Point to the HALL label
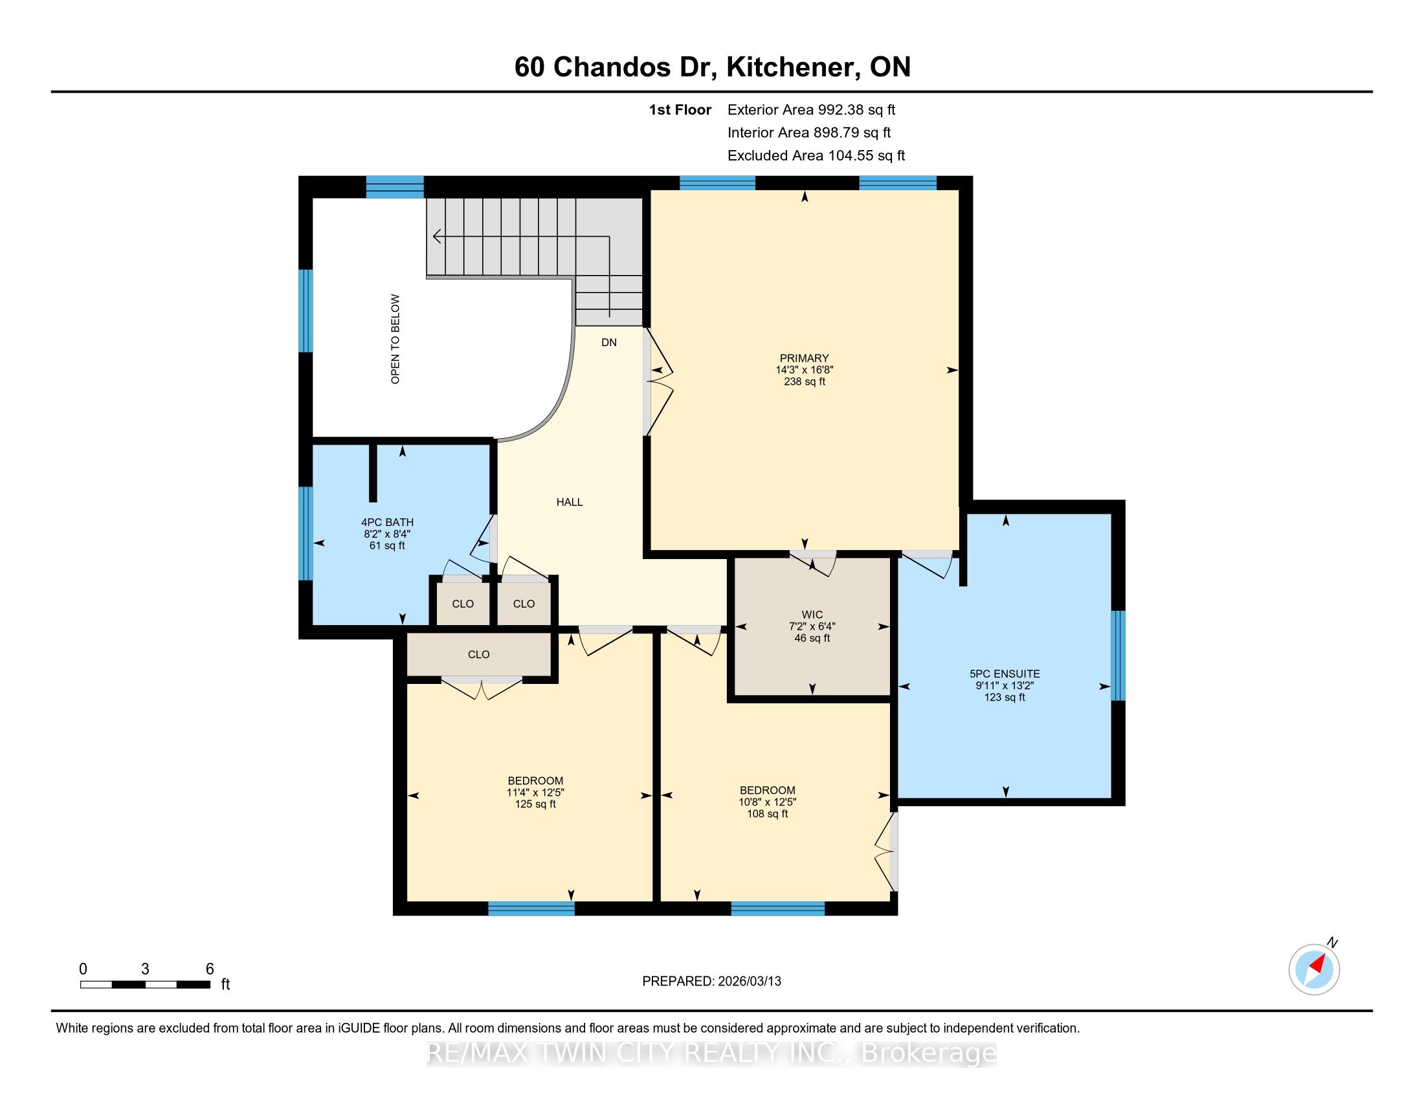tap(569, 501)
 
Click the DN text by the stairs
tap(609, 342)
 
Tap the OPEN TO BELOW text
tap(395, 339)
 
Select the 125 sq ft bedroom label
tap(535, 793)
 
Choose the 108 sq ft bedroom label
tap(768, 802)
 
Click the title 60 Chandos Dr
tap(616, 67)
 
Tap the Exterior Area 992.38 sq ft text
tap(811, 109)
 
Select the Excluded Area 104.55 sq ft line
tap(816, 155)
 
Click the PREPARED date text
tap(711, 982)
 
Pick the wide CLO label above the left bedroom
tap(478, 654)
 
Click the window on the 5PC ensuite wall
tap(1118, 655)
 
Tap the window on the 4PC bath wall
tap(305, 533)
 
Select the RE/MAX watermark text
tap(711, 1053)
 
